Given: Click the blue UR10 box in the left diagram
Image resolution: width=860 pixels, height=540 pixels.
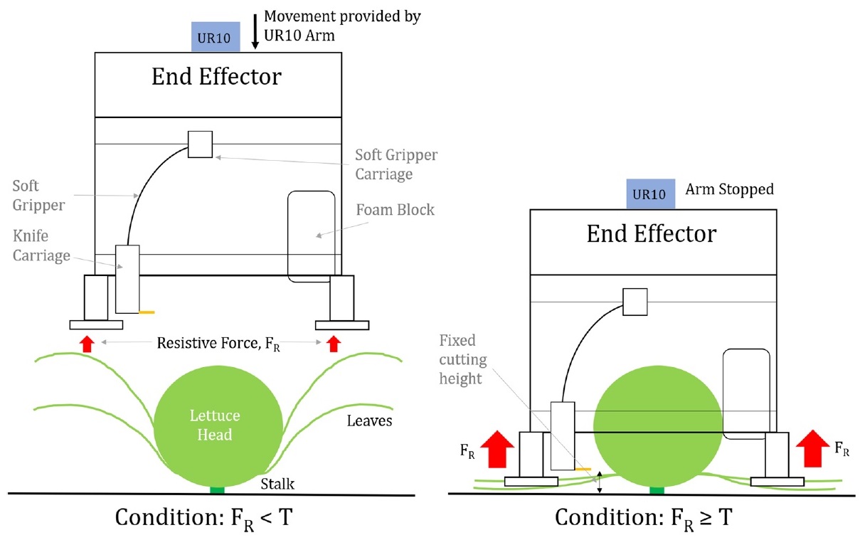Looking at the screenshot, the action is (216, 37).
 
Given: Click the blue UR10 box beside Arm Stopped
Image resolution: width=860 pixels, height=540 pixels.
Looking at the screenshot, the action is (651, 194).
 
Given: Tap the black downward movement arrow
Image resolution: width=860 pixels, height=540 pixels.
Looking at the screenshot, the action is (255, 32).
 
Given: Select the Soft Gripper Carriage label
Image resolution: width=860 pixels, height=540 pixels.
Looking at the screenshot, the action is (396, 164).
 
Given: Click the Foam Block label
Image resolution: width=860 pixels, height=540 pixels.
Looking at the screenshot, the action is (395, 210).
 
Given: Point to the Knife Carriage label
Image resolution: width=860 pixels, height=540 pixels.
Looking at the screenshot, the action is (41, 245).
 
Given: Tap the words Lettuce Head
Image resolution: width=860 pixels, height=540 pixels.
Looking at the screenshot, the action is (215, 425).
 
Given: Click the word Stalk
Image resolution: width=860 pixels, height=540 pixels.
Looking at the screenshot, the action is (277, 484).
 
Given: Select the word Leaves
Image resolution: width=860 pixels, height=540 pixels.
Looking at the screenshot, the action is (369, 421).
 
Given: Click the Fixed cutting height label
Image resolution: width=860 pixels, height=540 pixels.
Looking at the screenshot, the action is (463, 359).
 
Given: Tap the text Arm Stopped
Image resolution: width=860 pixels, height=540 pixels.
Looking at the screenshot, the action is (729, 189).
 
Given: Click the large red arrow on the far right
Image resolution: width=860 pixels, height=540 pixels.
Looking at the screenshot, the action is (813, 449).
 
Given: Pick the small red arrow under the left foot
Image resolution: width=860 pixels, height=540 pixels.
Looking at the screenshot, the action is (87, 344).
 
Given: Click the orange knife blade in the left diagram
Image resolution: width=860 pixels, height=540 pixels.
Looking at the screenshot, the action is (147, 312).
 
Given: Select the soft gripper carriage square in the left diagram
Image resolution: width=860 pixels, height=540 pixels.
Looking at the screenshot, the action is (200, 144).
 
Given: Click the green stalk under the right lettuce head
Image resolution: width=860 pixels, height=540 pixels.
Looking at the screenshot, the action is (657, 490).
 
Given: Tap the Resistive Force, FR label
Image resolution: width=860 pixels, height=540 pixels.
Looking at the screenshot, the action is (218, 344).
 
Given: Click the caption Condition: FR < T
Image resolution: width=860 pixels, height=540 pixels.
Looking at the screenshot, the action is (204, 519).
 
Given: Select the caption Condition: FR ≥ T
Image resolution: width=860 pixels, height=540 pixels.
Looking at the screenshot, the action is (644, 519).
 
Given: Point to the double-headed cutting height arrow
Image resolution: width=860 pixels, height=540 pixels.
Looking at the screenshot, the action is (600, 483).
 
